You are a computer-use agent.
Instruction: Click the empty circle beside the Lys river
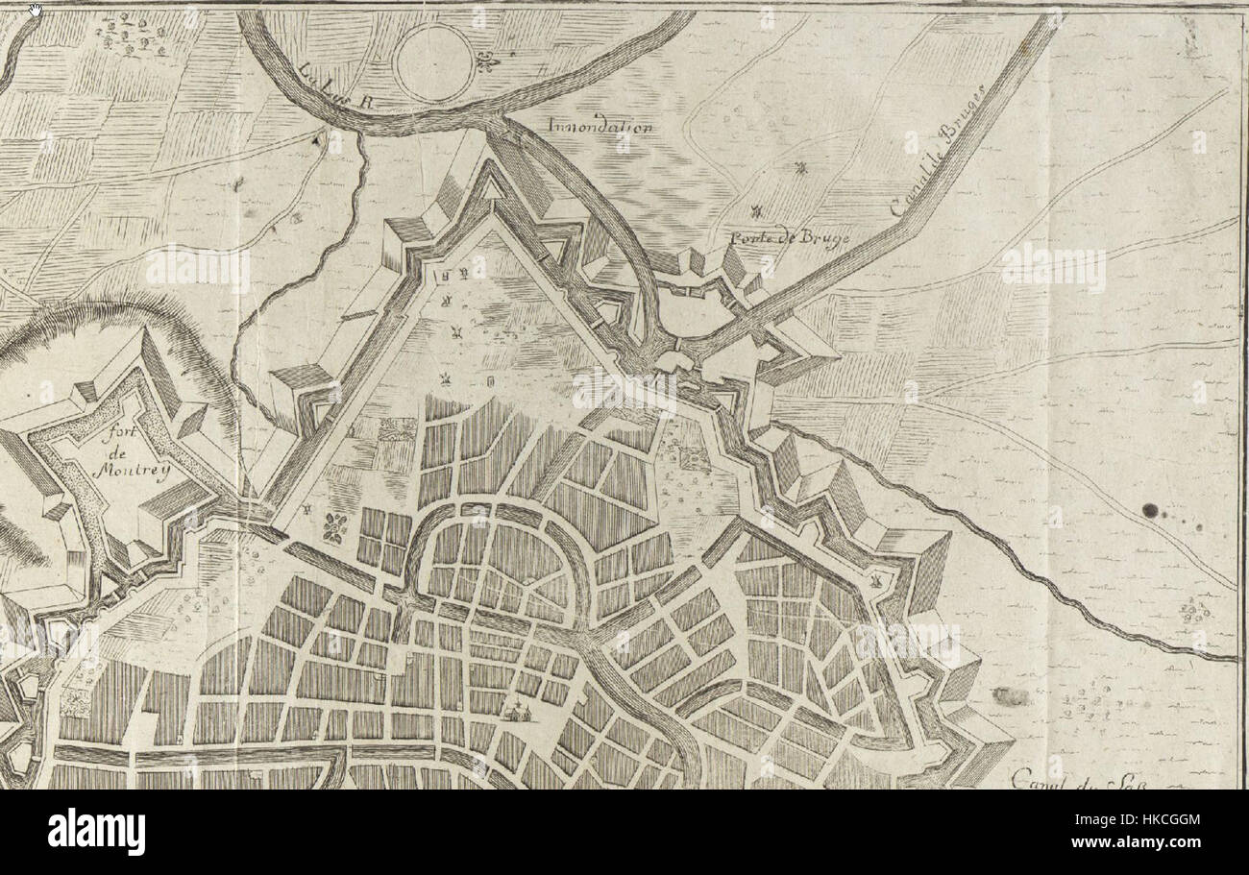[434, 62]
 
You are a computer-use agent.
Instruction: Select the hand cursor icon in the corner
[36, 11]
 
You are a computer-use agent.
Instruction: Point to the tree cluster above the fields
[135, 36]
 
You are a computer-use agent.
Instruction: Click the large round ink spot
[1150, 511]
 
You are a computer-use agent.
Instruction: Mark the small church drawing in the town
[520, 712]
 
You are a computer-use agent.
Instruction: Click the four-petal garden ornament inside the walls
[336, 526]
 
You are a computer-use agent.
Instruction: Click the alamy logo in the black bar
[96, 831]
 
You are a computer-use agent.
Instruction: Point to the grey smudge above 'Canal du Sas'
[1006, 695]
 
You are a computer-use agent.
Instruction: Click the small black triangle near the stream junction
[315, 139]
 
